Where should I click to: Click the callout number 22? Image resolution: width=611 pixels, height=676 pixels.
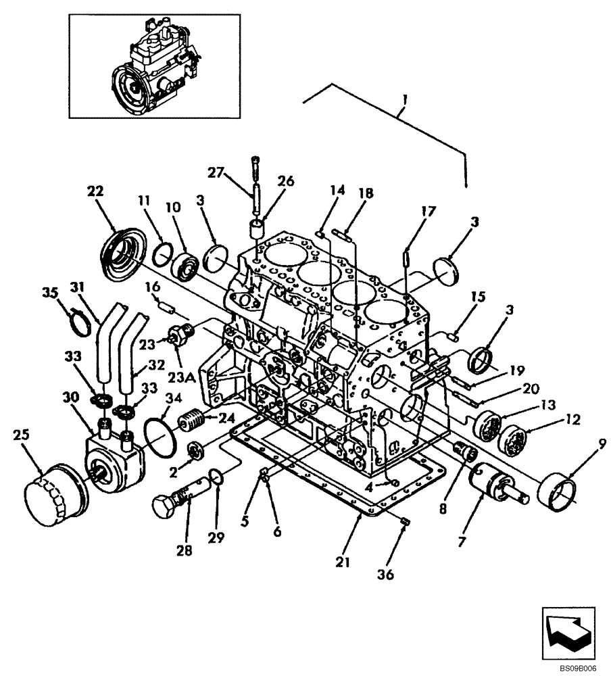point(95,191)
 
